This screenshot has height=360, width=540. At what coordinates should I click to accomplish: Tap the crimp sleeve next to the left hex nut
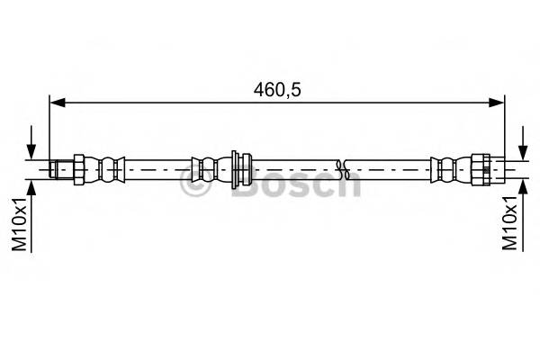109,168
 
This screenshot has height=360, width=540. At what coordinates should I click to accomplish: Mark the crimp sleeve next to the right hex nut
444,168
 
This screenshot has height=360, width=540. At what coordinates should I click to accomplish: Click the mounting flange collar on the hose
238,168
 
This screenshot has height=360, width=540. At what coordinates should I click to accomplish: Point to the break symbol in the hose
341,168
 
